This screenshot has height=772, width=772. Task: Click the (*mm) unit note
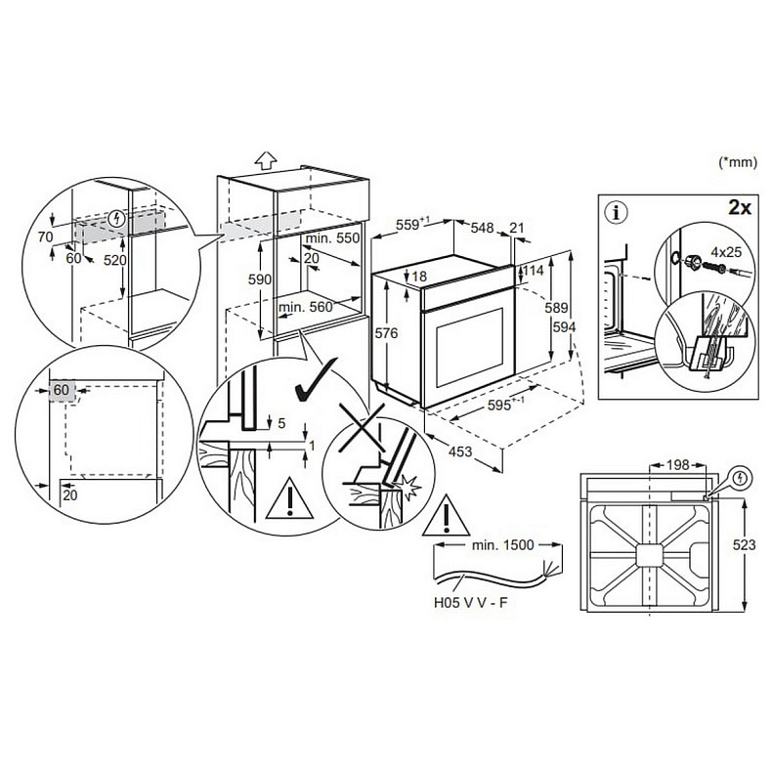coord(738,163)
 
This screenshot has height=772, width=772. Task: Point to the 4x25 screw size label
coord(726,252)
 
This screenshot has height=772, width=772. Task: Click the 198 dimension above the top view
coord(680,464)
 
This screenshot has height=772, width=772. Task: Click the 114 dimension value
coord(533,270)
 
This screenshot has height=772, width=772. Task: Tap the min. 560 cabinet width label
coord(305,307)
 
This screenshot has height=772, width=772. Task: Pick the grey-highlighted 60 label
coord(62,390)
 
